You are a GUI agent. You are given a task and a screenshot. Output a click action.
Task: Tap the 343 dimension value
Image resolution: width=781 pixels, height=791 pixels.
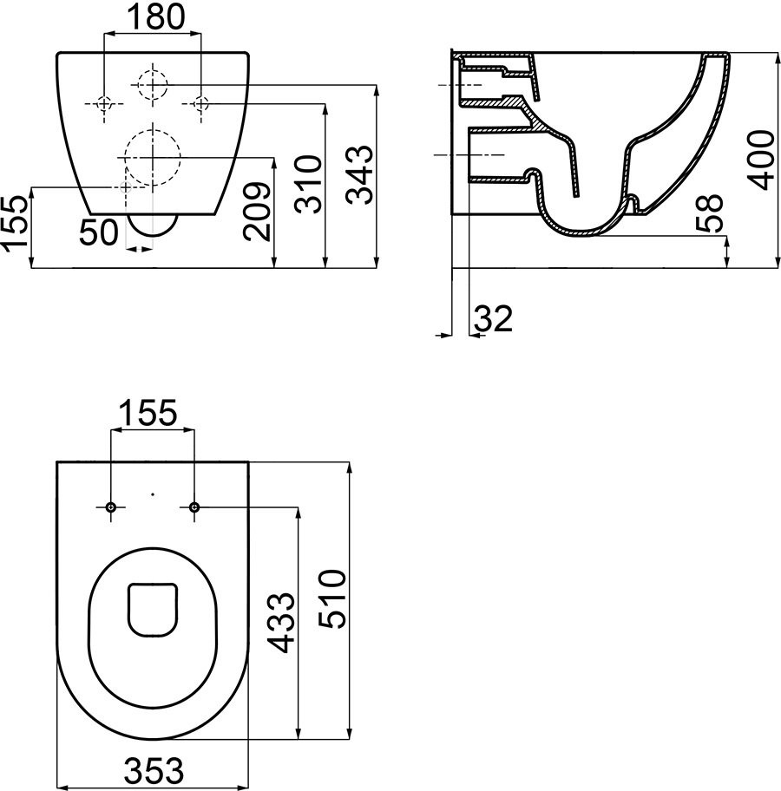tap(361, 174)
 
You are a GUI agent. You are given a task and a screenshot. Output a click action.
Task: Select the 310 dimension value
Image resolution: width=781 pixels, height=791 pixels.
tap(309, 184)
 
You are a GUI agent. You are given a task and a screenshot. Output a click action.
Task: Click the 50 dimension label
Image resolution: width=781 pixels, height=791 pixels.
tap(99, 233)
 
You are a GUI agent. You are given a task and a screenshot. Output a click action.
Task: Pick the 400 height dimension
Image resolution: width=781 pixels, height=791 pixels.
tap(761, 160)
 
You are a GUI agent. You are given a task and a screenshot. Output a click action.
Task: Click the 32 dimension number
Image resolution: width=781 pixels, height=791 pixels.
tap(493, 319)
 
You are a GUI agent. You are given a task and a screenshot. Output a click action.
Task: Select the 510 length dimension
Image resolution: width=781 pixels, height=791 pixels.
tap(334, 598)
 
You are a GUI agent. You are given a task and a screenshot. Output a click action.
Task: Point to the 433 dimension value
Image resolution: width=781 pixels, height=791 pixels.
tap(280, 623)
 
